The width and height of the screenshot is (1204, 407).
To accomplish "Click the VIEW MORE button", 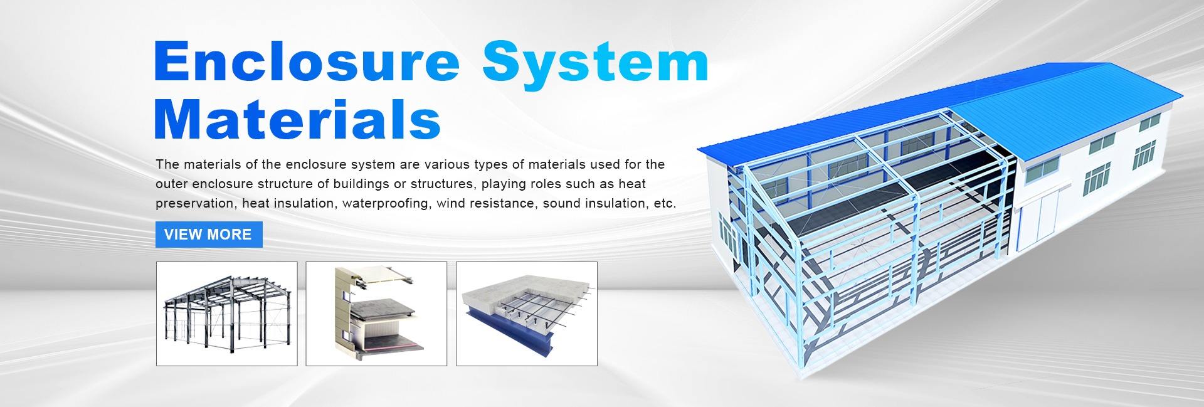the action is coord(209,235).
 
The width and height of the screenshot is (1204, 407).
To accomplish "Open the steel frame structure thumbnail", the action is coord(227,314).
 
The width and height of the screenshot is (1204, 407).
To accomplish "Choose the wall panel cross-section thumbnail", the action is coord(376,314).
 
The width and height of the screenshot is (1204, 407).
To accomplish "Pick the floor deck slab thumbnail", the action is coord(527,314).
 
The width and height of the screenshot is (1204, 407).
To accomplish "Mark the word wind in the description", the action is coord(450,203).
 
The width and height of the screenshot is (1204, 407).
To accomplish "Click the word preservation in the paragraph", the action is coord(196,204).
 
